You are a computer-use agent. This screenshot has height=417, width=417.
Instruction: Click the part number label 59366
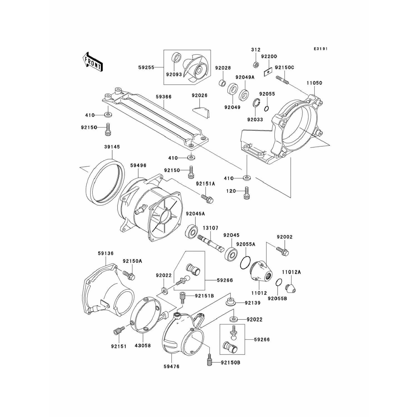click(163, 97)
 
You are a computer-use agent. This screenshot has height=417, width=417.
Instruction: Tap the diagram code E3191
click(321, 49)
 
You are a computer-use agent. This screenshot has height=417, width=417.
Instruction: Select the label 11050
click(314, 83)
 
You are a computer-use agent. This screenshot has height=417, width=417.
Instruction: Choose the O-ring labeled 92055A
click(245, 263)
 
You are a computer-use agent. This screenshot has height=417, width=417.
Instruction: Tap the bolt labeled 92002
click(283, 250)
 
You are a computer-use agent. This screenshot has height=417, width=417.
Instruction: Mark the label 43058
click(143, 346)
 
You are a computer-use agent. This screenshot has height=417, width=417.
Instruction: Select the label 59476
click(171, 366)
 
